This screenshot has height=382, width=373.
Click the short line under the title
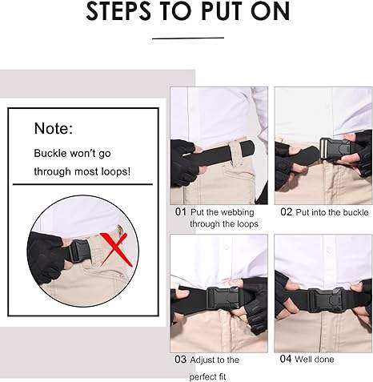tap(188, 38)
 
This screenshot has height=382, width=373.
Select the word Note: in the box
tap(54, 128)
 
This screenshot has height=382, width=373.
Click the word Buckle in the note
tap(50, 153)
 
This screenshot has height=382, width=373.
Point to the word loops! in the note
tap(116, 171)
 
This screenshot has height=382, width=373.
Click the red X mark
tap(115, 250)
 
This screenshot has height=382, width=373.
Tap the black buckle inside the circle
tap(79, 251)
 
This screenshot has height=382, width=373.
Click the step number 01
tap(181, 212)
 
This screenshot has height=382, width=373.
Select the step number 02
tap(287, 212)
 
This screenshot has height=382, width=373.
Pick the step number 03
tap(181, 360)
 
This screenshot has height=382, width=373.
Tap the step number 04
tap(286, 359)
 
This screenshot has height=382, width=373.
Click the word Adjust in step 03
tap(202, 360)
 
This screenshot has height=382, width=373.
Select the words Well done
tap(314, 360)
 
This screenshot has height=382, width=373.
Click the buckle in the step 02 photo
tap(335, 149)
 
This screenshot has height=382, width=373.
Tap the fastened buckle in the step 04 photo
tap(326, 300)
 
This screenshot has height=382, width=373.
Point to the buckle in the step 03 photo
tap(223, 299)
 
